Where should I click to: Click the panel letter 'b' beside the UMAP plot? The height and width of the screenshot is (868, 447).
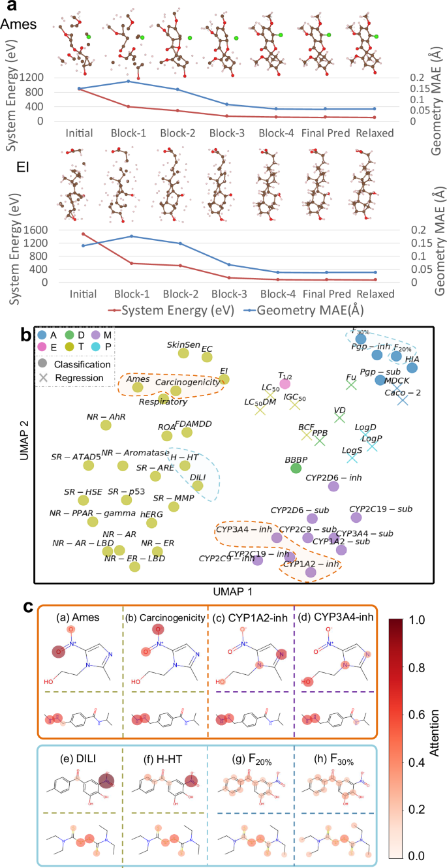[x=25, y=335]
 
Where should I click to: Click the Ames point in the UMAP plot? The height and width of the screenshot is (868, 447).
[x=138, y=388]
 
